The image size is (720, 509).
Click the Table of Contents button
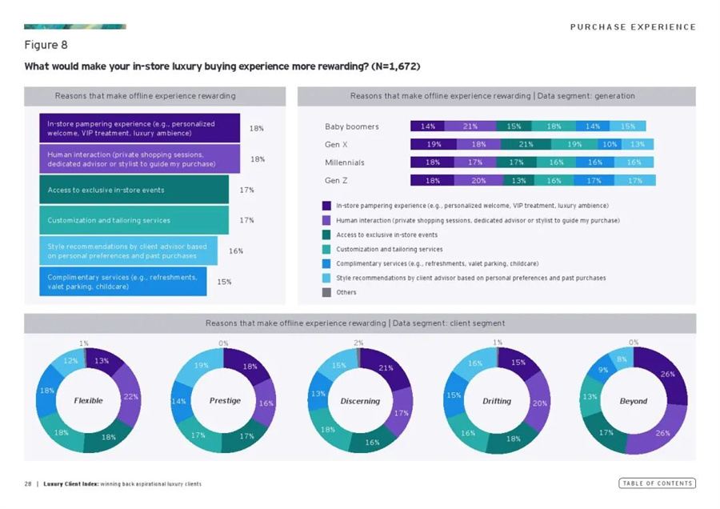point(657,483)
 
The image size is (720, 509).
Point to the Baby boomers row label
point(352,126)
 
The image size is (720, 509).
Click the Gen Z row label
point(336,180)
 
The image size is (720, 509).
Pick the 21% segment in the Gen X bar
point(526,145)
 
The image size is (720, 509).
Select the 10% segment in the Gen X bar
point(610,145)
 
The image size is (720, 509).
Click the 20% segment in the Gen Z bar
point(478,180)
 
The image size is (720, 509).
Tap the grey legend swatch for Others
point(326,292)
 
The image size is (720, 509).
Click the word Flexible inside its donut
point(88,400)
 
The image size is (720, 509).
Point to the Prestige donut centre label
point(225,400)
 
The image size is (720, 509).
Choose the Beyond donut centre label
point(633,400)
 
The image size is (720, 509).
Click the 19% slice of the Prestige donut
point(202,366)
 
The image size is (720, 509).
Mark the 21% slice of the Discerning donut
point(385,369)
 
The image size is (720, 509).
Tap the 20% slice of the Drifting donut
point(538,403)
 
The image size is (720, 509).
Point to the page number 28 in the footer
point(27,484)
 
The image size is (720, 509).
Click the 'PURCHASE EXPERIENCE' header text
point(632,27)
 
